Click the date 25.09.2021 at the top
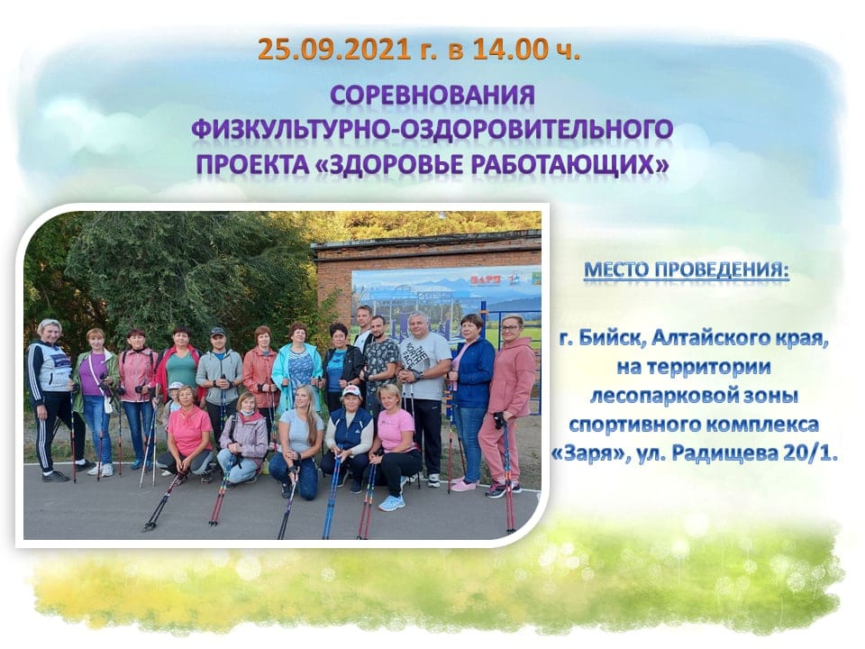tap(333, 49)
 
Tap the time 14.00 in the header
tap(509, 49)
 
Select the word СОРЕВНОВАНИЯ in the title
tap(432, 96)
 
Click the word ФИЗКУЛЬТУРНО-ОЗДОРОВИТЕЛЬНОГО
tap(432, 130)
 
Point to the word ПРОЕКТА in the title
tap(256, 164)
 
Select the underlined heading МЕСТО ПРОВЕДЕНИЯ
tap(687, 270)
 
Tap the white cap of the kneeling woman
tap(351, 390)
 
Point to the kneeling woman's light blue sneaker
tap(392, 503)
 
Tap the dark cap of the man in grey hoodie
tap(218, 333)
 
